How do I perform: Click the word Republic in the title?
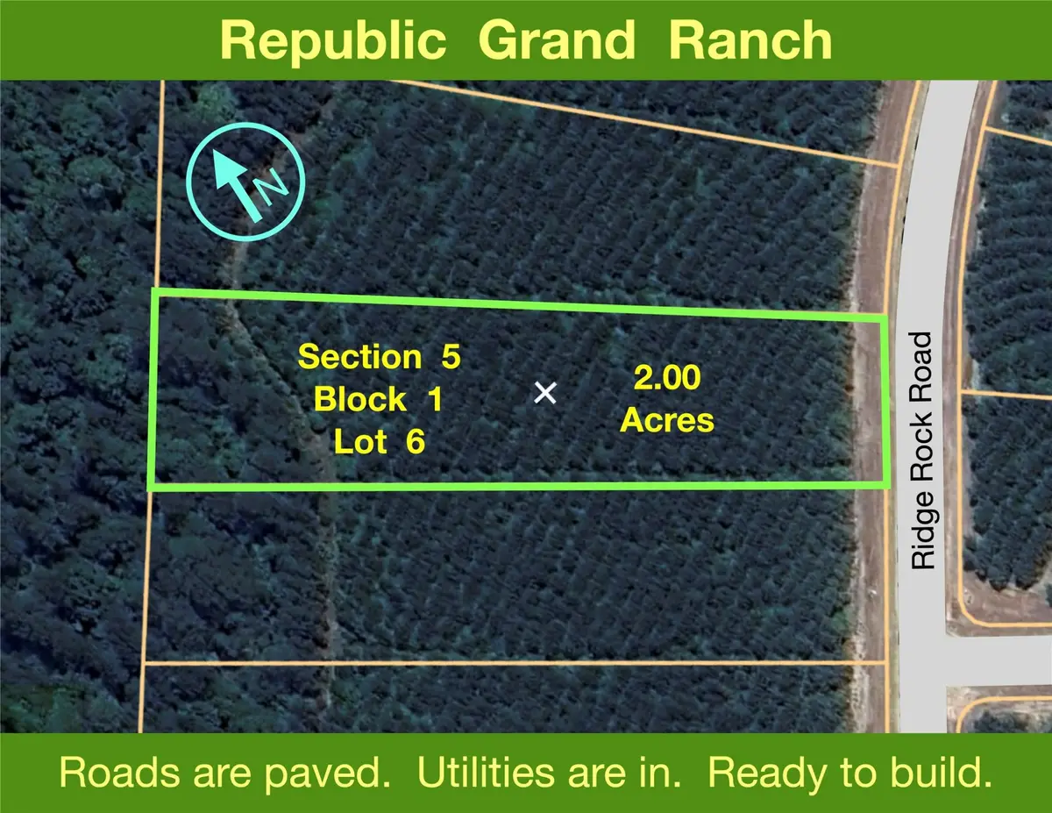[330, 39]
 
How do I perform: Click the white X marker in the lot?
[545, 393]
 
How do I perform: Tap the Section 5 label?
[379, 357]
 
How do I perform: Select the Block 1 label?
[379, 400]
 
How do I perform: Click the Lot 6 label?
[379, 442]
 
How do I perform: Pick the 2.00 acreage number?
[666, 379]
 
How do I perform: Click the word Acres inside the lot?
[666, 421]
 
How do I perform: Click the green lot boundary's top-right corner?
[881, 319]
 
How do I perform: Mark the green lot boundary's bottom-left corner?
[151, 485]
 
